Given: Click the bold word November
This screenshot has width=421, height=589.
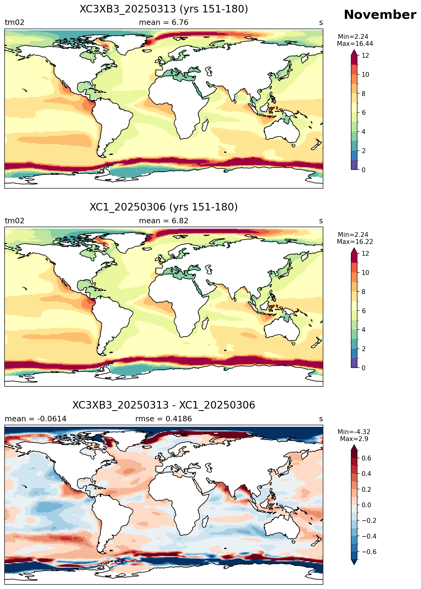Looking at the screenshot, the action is coord(380,15).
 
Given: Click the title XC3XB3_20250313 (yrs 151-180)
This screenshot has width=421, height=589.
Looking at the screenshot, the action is coord(164,9).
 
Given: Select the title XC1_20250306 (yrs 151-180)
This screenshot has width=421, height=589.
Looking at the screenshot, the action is coord(164,207).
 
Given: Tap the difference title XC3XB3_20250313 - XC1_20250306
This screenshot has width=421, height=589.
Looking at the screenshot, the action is coord(164,405).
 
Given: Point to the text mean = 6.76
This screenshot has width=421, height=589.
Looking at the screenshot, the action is coord(164,22).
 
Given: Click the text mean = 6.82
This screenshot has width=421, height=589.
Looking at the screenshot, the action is coord(164,221).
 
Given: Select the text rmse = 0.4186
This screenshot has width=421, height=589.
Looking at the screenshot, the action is coord(164,419).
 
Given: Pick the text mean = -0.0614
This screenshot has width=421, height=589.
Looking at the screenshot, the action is coord(35,419).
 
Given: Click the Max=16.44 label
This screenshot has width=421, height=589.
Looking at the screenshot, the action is coord(355,44).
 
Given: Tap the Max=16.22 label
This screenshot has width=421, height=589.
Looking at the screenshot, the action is coord(355,242).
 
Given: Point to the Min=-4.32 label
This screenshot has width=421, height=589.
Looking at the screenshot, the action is coord(354,432).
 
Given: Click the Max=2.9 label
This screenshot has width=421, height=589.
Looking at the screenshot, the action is coord(354,439).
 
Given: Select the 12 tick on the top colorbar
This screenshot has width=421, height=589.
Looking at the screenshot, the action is coord(365,55).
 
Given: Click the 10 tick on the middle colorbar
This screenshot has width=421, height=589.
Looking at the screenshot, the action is coord(365,272).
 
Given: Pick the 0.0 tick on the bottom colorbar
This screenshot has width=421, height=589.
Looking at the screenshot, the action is coord(367,505).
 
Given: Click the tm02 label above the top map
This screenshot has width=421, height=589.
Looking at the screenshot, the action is coord(15,22).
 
